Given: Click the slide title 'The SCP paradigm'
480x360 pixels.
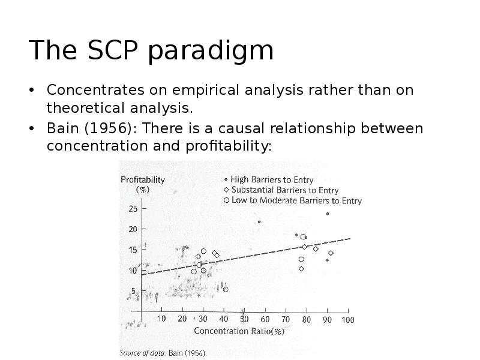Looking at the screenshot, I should click(151, 50).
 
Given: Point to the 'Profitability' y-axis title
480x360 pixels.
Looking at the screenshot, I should click(143, 179).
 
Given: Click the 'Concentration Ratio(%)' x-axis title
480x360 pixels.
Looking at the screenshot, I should click(239, 331).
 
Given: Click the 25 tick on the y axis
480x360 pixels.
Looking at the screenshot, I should click(133, 209).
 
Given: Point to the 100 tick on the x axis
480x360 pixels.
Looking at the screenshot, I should click(348, 320).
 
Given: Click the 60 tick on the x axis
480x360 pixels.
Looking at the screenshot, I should click(265, 320).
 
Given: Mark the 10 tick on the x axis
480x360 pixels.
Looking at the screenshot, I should click(161, 319).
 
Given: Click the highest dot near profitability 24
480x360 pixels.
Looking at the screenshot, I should click(328, 214).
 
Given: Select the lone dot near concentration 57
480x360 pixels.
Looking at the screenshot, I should click(259, 222).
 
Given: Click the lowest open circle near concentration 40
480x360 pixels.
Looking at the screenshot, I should click(226, 289).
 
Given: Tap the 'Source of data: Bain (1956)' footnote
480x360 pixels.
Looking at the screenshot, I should click(163, 353).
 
